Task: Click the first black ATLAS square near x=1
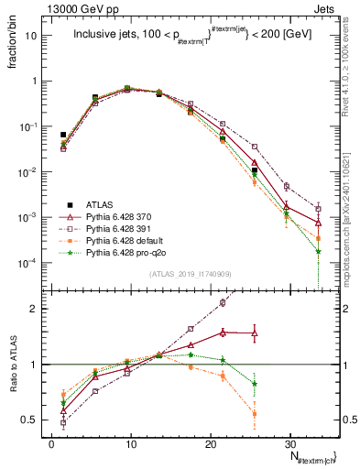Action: tap(63, 135)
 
